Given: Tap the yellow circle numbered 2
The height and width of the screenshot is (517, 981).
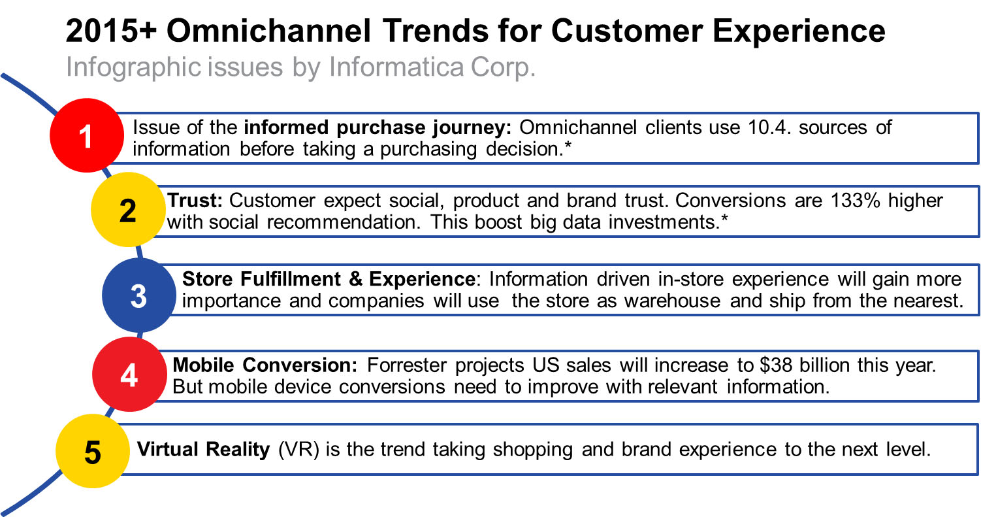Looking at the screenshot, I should (128, 210).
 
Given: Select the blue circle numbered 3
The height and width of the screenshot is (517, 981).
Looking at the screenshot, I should (139, 295).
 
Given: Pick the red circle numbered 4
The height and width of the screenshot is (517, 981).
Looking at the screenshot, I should (129, 376).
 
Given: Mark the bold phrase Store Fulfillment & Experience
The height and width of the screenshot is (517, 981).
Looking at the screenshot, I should (328, 280).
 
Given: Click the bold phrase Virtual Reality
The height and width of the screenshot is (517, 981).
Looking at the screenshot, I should (203, 450).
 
